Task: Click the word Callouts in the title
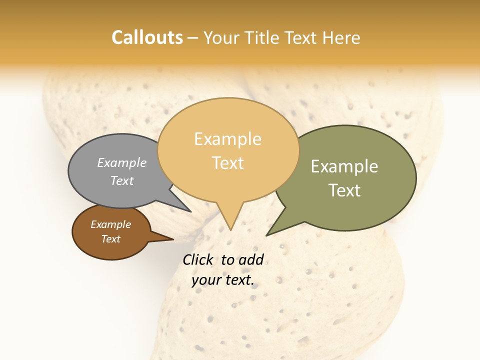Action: click(x=147, y=37)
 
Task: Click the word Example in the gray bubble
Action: click(x=122, y=163)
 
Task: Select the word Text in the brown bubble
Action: click(x=110, y=239)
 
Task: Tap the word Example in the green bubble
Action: click(x=344, y=166)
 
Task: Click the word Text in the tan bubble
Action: click(x=228, y=163)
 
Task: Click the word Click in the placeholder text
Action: click(x=198, y=260)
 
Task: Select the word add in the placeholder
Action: click(x=251, y=260)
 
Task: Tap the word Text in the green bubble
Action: click(x=344, y=190)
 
